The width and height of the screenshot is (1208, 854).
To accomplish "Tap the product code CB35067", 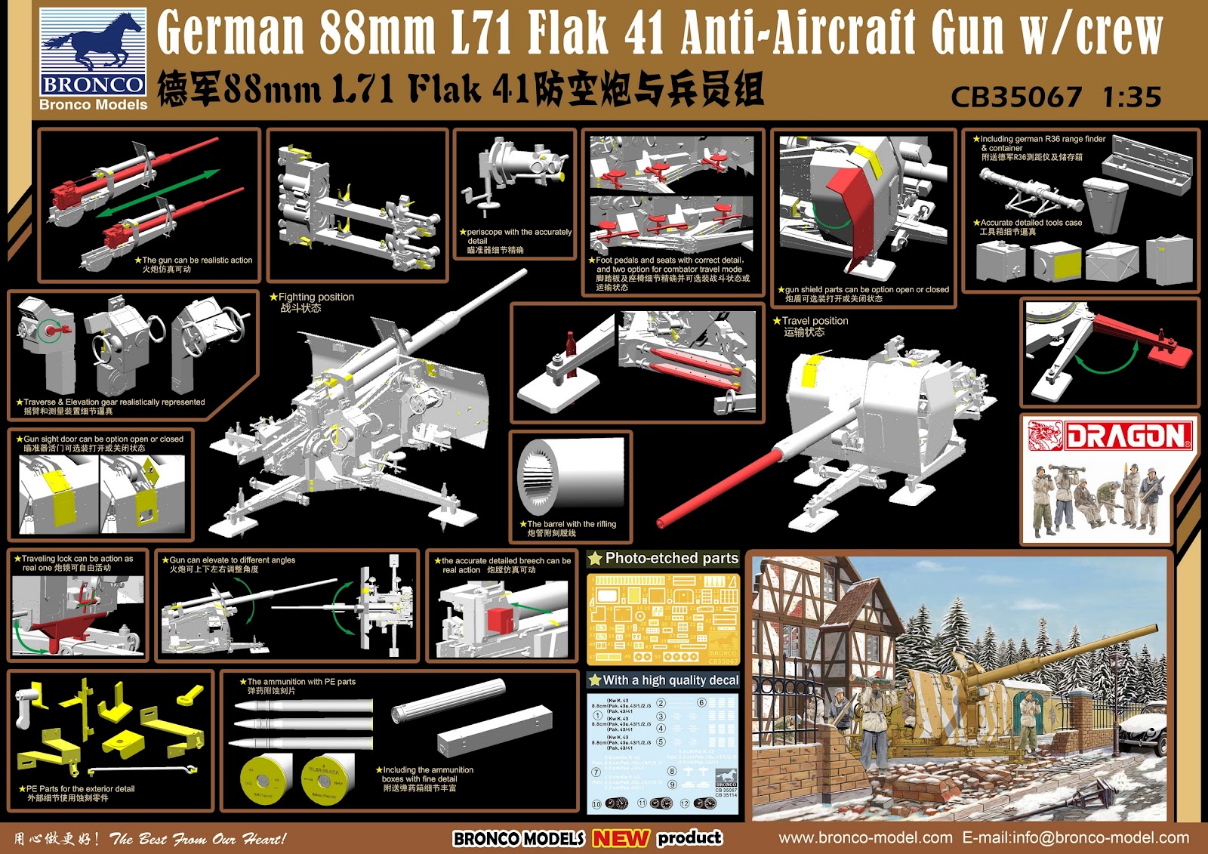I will click(x=1015, y=97).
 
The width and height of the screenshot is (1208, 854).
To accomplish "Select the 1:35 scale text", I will click(x=1131, y=97).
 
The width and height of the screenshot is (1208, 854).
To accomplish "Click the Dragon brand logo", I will click(x=1110, y=436).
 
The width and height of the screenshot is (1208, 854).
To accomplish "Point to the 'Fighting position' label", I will click(x=316, y=298).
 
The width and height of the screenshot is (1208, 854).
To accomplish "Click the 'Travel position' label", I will click(x=815, y=321).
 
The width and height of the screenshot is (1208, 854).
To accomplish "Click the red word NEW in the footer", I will click(x=621, y=838).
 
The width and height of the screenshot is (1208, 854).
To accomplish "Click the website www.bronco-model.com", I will click(x=865, y=837).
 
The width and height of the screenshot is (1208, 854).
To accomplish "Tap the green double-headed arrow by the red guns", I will click(x=159, y=193).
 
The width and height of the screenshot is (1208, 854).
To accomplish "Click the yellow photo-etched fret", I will click(x=662, y=619).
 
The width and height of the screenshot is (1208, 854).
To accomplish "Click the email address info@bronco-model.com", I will click(x=1076, y=837).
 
